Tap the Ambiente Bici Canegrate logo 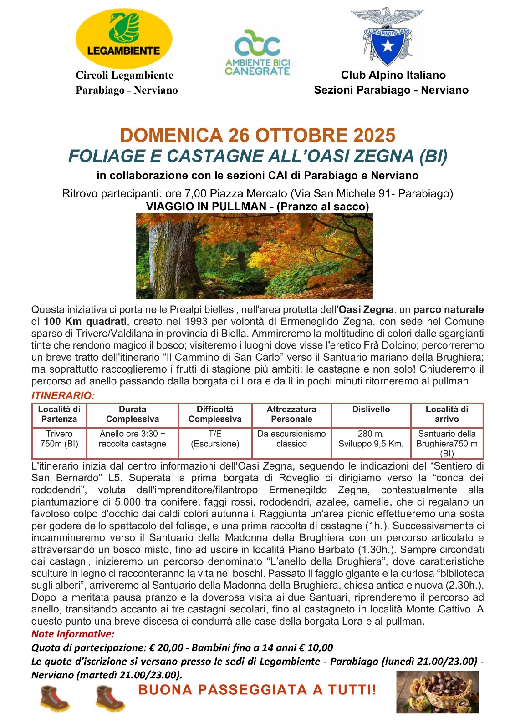[258, 52]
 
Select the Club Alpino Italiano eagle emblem [388, 36]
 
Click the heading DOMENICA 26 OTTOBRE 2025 [257, 136]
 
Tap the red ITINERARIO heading [63, 396]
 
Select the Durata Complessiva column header [132, 414]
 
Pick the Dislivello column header [371, 409]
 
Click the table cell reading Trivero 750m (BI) [59, 439]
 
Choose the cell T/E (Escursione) [215, 439]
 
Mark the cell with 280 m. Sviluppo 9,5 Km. [371, 439]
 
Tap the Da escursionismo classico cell [291, 439]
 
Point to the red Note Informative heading [73, 634]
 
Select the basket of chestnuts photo [437, 692]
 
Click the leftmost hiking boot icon [54, 698]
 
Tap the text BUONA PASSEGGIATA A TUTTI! [257, 690]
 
